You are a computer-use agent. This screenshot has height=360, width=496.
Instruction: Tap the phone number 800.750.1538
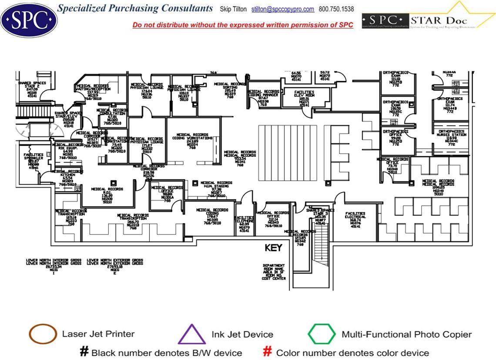(x=336, y=9)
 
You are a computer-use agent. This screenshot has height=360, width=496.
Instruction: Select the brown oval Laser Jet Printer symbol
(x=43, y=334)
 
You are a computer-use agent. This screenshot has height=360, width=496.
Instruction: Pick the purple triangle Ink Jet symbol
(x=191, y=335)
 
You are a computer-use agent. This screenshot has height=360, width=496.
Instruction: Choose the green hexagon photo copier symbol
(x=322, y=334)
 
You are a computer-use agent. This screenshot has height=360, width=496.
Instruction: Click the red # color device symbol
(x=268, y=352)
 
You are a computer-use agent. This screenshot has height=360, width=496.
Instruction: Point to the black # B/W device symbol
(x=84, y=352)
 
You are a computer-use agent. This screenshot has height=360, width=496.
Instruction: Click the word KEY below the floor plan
(x=274, y=248)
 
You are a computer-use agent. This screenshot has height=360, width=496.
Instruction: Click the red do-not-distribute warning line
(x=243, y=25)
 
